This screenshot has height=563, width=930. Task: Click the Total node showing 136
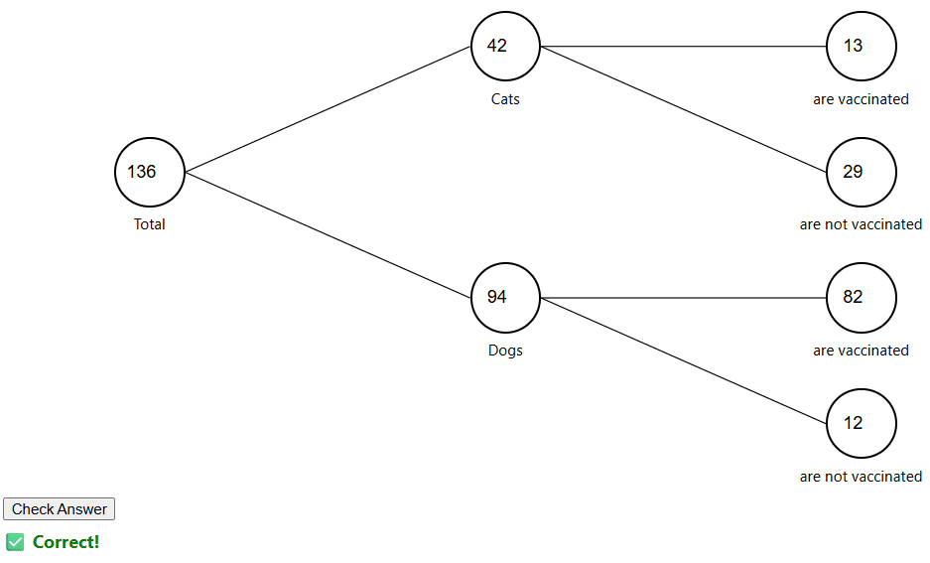[150, 172]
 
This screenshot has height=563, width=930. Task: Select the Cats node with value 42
[505, 46]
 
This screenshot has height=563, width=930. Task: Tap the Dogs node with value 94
[505, 297]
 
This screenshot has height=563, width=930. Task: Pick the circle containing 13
[861, 46]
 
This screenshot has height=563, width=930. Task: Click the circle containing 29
[861, 172]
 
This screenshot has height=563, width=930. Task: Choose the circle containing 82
[861, 297]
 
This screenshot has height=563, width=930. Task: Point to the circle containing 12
[861, 423]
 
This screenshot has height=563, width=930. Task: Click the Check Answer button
[60, 509]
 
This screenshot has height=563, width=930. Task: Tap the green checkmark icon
[15, 542]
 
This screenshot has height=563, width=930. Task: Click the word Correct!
[66, 542]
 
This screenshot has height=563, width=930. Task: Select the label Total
[150, 224]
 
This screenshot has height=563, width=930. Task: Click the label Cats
[505, 99]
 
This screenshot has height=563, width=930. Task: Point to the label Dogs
[505, 351]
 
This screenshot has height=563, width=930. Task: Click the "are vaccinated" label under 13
[861, 99]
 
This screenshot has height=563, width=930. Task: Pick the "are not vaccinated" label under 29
[861, 224]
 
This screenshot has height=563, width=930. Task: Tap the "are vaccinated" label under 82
[861, 351]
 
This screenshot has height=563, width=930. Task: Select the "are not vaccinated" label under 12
[861, 477]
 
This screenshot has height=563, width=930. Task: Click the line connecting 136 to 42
[328, 109]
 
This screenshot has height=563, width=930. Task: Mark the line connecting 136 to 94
[328, 234]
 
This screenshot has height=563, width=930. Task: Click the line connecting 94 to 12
[683, 359]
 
